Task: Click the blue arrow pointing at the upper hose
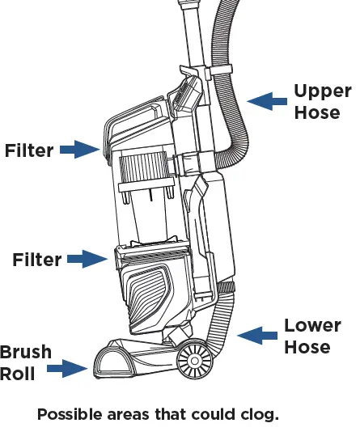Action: pyautogui.click(x=267, y=101)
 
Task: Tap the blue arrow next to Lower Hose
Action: pyautogui.click(x=257, y=336)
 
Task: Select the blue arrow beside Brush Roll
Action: pyautogui.click(x=67, y=369)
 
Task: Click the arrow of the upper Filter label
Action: pyautogui.click(x=80, y=150)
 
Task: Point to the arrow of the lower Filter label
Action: pyautogui.click(x=87, y=259)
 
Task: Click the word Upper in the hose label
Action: pyautogui.click(x=323, y=91)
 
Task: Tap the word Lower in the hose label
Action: pyautogui.click(x=312, y=325)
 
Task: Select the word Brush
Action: pyautogui.click(x=26, y=352)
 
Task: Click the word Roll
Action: pyautogui.click(x=18, y=374)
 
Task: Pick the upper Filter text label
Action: pyautogui.click(x=29, y=150)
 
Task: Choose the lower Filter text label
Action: pyautogui.click(x=36, y=260)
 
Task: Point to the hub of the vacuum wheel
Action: pyautogui.click(x=194, y=360)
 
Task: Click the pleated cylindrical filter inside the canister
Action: pyautogui.click(x=144, y=167)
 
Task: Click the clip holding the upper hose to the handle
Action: pyautogui.click(x=220, y=70)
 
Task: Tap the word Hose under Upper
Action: pyautogui.click(x=317, y=112)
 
